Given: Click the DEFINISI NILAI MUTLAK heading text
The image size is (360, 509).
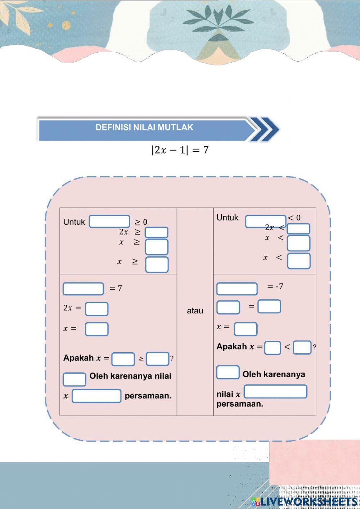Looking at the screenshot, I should [144, 128].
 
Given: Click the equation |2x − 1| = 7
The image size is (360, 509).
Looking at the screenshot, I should [180, 150].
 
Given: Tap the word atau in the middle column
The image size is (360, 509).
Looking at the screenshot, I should [195, 311].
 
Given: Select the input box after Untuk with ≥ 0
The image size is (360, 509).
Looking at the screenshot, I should [109, 221].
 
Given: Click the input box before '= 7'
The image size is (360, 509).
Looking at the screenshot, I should [83, 289].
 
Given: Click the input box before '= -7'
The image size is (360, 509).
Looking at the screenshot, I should [237, 289].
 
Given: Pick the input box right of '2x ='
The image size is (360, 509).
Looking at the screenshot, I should [96, 309].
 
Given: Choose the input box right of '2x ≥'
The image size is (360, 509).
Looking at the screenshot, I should [157, 232].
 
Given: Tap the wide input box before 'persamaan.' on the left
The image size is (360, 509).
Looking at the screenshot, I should [96, 396].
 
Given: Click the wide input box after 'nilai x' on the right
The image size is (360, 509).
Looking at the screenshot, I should [275, 392].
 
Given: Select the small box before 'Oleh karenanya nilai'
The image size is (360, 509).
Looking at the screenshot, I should [74, 379].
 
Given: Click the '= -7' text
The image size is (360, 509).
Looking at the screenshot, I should [275, 286].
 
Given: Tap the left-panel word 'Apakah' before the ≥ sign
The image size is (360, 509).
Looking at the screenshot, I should [78, 358].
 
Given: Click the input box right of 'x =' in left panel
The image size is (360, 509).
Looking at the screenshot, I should [96, 329].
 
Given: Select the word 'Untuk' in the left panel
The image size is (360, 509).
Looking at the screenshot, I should [74, 222].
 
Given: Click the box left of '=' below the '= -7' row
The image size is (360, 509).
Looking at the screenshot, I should [228, 307].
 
